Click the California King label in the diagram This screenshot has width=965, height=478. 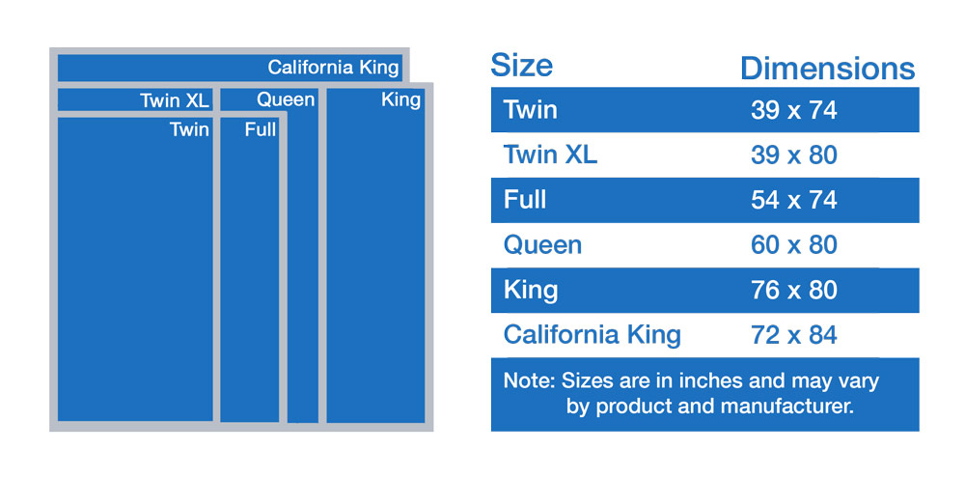point(333,68)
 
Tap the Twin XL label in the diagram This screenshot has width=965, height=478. point(175,100)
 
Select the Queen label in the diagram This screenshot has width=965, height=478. point(287,99)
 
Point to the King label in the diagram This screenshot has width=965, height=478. point(401,99)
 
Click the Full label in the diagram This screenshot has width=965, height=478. point(261,129)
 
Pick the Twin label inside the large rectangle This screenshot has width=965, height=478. point(189,129)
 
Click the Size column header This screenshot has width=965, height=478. point(521,65)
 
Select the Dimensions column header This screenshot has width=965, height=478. point(828,69)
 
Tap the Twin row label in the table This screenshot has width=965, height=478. point(531,110)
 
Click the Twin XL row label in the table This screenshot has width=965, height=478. point(550,155)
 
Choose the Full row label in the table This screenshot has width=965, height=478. point(525,200)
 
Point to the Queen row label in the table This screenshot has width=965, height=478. point(542,245)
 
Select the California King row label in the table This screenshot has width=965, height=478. point(593,335)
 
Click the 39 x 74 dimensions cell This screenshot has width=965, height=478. point(794,110)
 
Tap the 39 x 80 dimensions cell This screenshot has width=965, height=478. point(794,155)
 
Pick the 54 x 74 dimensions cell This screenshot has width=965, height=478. point(794,200)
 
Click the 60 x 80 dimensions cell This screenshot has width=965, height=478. point(794,245)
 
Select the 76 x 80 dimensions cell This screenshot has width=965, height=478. point(794,290)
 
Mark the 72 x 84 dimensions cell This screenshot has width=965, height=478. point(794,335)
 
